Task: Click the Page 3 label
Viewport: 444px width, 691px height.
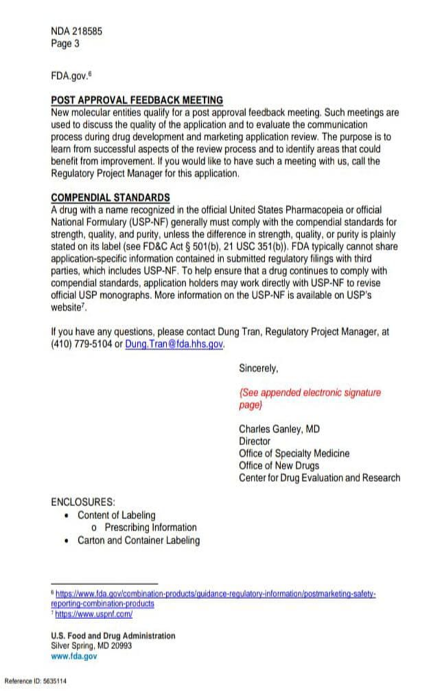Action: (x=65, y=43)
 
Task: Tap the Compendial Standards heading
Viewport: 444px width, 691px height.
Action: (x=110, y=198)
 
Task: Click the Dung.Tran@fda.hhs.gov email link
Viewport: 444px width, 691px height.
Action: (x=174, y=345)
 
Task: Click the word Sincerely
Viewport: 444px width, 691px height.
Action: (x=258, y=369)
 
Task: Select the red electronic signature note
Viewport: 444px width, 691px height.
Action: (x=309, y=399)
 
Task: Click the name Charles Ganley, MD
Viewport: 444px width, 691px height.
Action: (x=279, y=429)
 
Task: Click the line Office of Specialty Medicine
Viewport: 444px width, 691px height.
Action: (x=294, y=454)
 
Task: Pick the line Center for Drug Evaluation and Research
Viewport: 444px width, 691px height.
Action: (x=319, y=478)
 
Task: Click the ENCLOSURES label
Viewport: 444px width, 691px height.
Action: (x=83, y=502)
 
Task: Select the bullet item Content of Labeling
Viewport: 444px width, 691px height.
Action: (x=116, y=515)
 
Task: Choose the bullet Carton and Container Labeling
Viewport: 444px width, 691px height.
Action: (x=138, y=540)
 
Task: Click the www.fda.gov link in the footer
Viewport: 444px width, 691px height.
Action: (x=74, y=657)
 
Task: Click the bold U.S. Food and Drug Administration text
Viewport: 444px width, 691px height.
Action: (x=113, y=636)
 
